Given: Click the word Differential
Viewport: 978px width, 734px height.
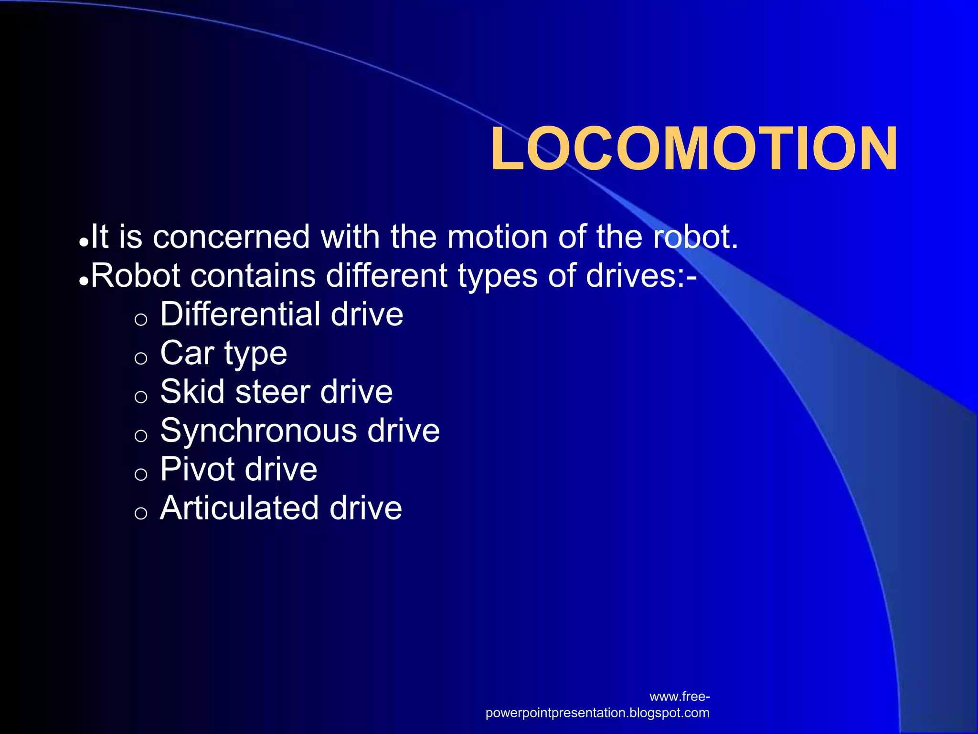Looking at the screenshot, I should [240, 314].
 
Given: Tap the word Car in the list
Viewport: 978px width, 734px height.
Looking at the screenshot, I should [187, 353].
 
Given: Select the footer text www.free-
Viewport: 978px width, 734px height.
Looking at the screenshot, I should [680, 697].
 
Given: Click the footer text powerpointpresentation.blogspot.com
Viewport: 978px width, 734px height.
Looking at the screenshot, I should [597, 713].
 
